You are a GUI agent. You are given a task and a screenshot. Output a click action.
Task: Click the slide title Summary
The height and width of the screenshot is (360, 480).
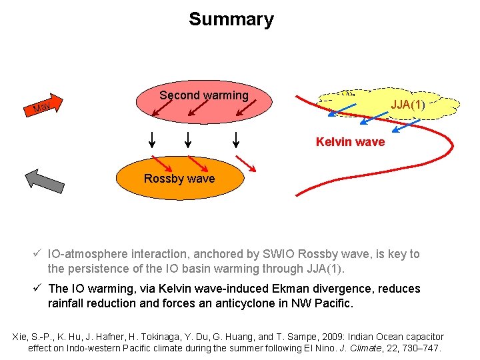coord(231,19)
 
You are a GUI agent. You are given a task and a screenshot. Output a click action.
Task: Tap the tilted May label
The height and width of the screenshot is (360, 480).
coord(41,106)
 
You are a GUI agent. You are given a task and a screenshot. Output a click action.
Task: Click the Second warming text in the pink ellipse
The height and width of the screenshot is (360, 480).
coord(203,95)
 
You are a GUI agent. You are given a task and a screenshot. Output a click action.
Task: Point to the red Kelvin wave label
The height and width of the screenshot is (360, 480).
coord(350,142)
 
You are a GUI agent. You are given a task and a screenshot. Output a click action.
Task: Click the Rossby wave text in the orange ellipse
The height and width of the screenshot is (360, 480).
coord(179,179)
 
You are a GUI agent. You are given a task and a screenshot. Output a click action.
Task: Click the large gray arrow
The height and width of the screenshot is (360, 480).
coord(41,181)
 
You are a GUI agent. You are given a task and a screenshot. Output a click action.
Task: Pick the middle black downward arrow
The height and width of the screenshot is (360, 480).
coord(188,140)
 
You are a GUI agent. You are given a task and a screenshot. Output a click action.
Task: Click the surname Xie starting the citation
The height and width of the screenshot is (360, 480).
coord(22,337)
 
